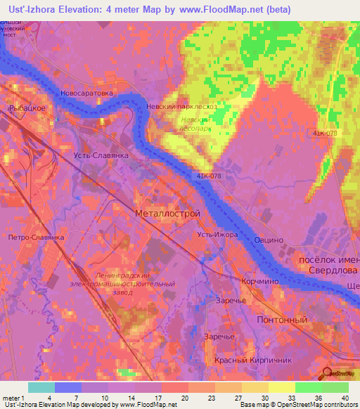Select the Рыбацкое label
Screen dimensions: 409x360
coord(27,108)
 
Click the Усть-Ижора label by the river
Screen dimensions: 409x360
coord(217,234)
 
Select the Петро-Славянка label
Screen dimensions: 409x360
coord(36,238)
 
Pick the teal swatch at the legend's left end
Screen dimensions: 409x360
coord(41,387)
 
